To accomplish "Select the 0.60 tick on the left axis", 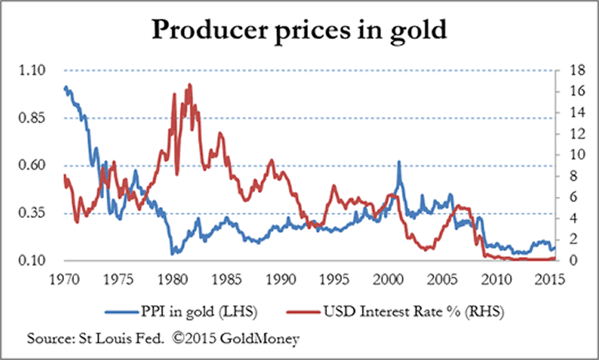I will click(x=32, y=165).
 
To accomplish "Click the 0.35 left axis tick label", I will click(x=32, y=214).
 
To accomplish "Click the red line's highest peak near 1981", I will click(x=190, y=85).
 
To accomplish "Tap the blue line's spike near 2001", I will click(x=399, y=162).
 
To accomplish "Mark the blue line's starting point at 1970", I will click(x=65, y=87).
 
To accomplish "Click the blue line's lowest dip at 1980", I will click(x=171, y=253).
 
